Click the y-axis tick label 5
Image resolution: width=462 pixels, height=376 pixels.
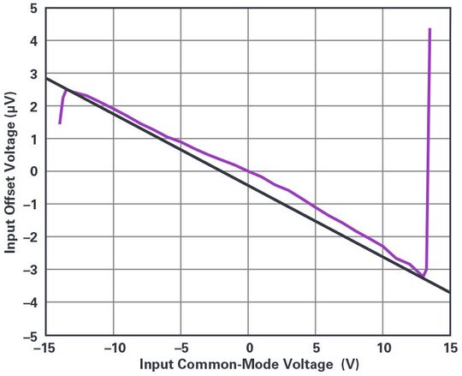point(35,8)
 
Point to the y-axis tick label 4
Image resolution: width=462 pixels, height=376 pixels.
point(35,40)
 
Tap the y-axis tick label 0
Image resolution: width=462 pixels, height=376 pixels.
point(35,171)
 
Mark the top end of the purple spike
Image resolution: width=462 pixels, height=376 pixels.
point(429,30)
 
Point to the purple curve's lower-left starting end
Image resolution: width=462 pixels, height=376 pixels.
point(60,123)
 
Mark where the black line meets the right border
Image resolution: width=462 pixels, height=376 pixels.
point(450,292)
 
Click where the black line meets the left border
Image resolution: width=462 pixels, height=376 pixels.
point(46,78)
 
